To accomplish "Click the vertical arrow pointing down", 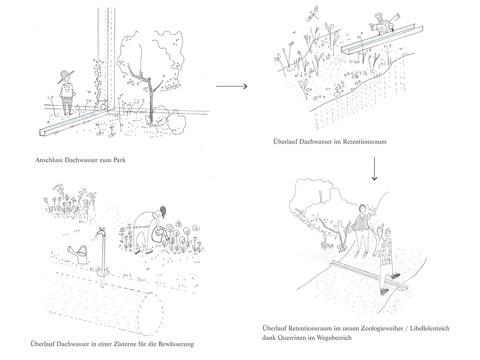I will click(374, 169).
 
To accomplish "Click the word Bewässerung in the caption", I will click(175, 344).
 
